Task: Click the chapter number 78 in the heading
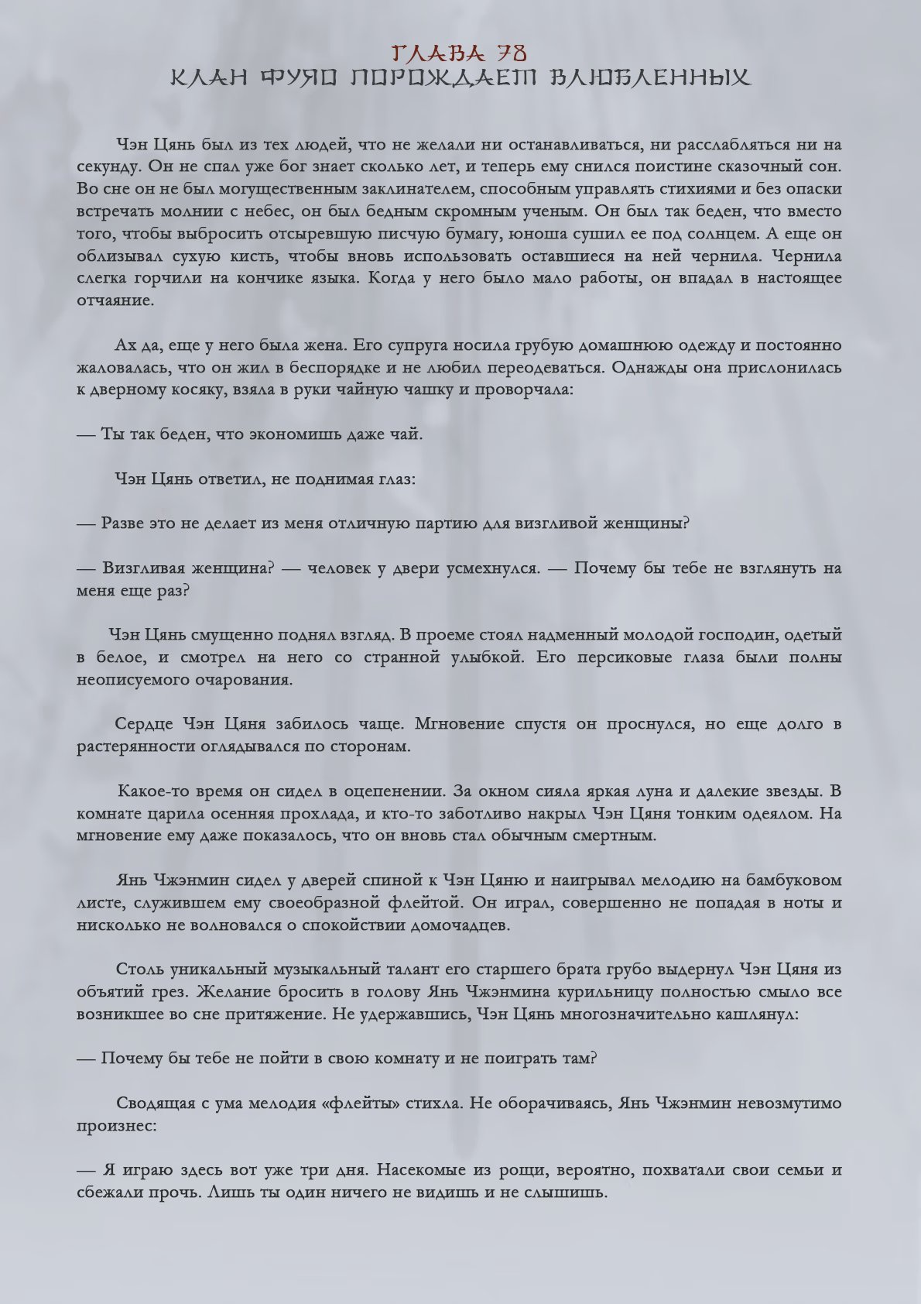click(x=511, y=53)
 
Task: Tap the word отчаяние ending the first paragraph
click(x=115, y=300)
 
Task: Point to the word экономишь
click(x=295, y=434)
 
